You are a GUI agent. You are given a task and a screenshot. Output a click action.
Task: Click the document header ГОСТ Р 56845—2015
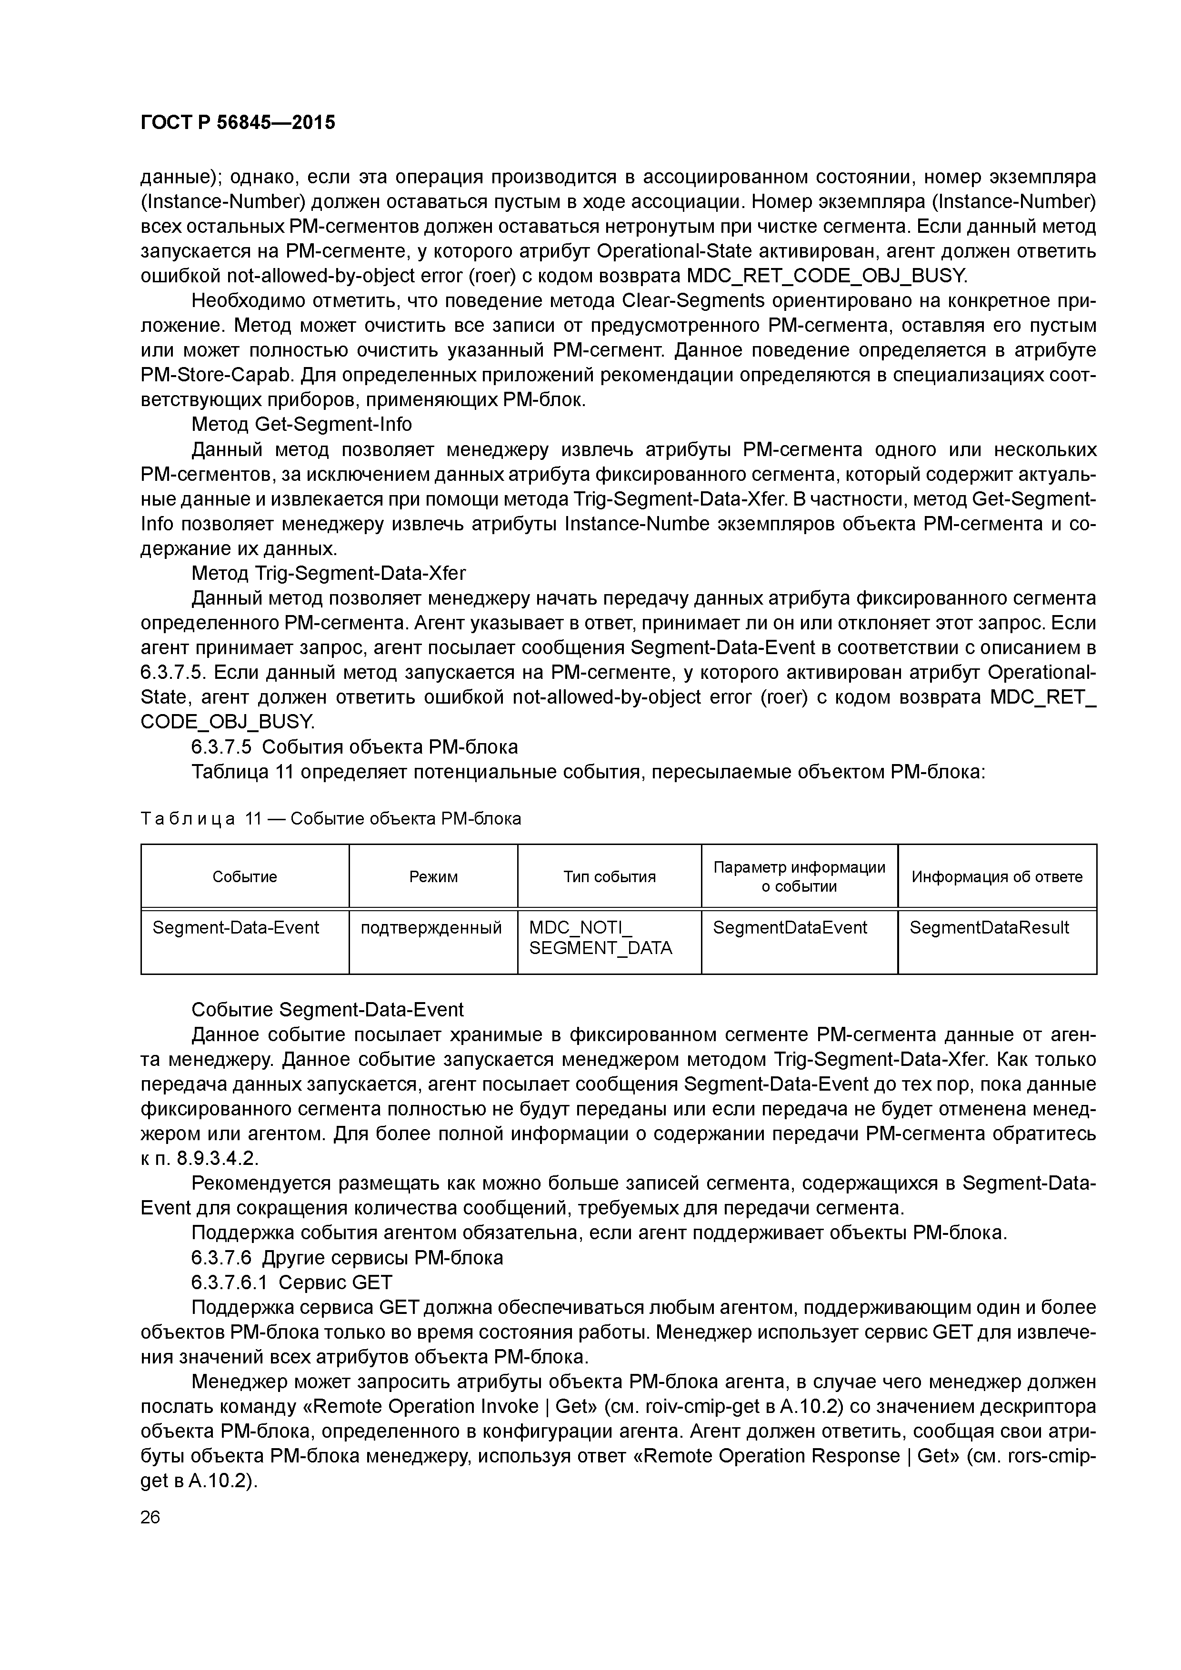tap(238, 123)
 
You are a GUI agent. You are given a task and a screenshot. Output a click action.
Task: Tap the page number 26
tap(150, 1517)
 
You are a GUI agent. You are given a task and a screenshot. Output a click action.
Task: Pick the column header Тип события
tap(609, 876)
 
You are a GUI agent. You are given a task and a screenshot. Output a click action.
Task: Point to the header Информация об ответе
tap(996, 876)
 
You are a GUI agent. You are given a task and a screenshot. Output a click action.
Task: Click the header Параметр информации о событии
tap(799, 876)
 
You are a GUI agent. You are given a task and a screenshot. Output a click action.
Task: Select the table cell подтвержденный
tap(431, 927)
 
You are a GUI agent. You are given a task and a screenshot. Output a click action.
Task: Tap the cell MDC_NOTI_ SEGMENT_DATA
tap(601, 937)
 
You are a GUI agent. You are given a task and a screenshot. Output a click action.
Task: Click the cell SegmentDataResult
tap(989, 927)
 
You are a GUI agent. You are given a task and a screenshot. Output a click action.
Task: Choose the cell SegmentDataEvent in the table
tap(790, 927)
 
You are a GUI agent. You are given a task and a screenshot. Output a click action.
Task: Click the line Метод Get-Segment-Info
tap(301, 424)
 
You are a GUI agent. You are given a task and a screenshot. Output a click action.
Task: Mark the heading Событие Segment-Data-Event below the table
tap(328, 1010)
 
